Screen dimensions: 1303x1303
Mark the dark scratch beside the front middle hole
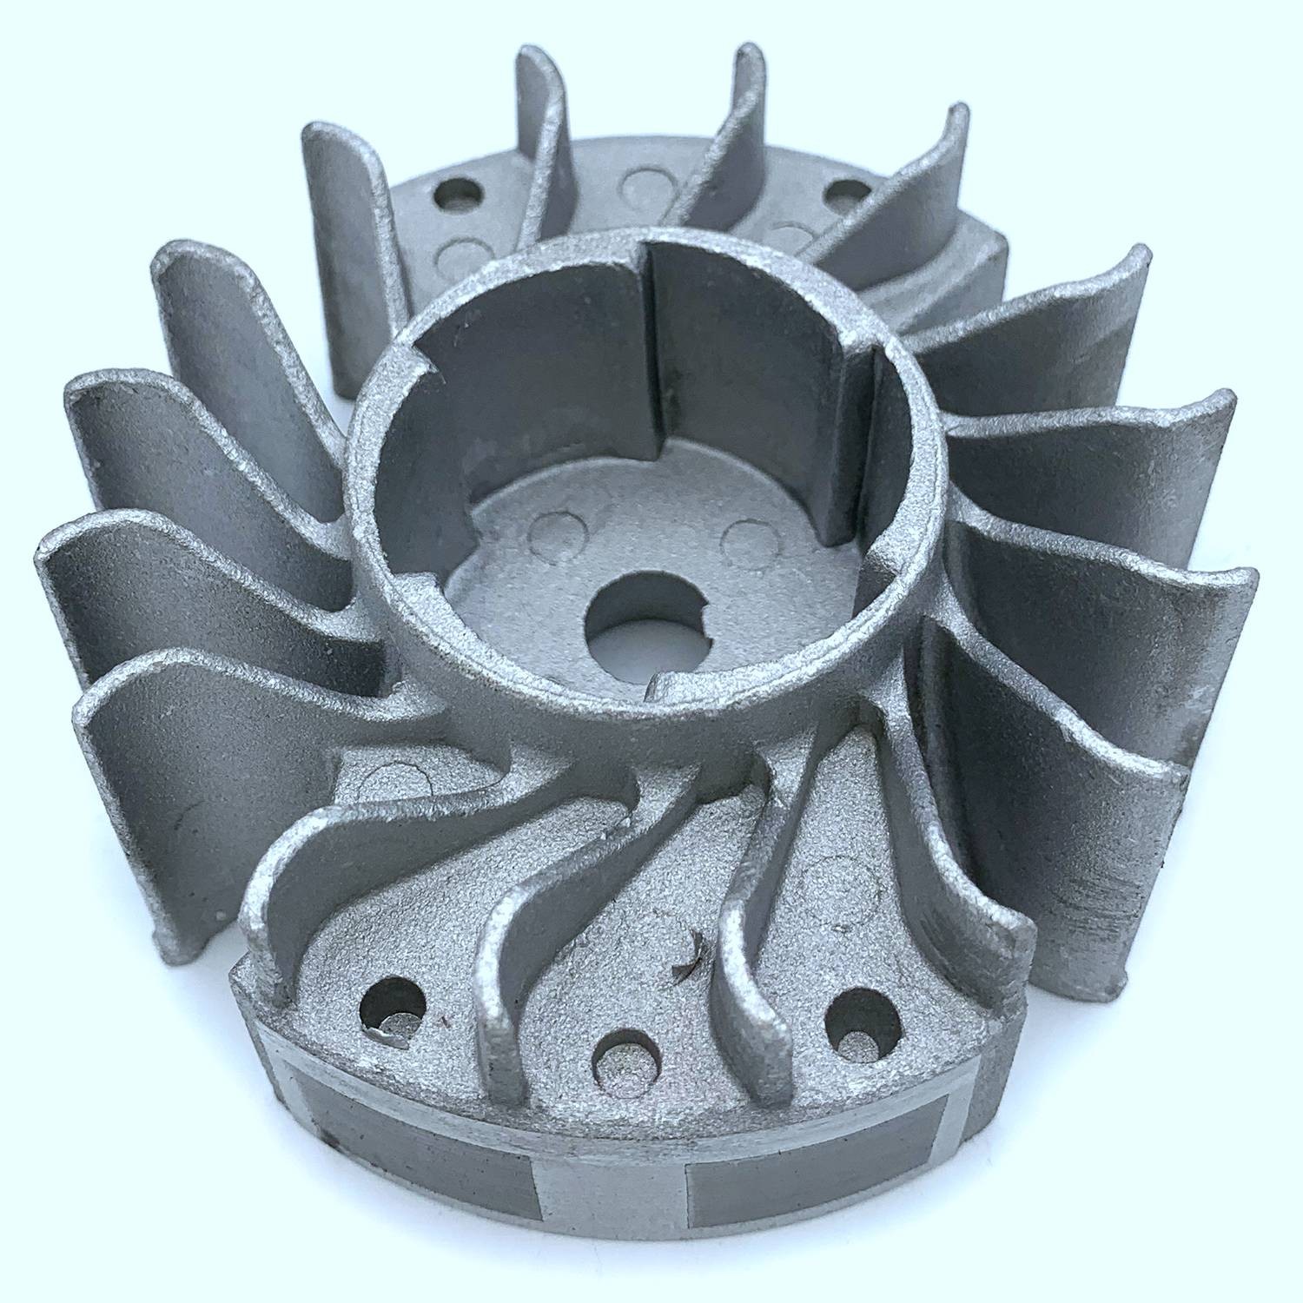(691, 951)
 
